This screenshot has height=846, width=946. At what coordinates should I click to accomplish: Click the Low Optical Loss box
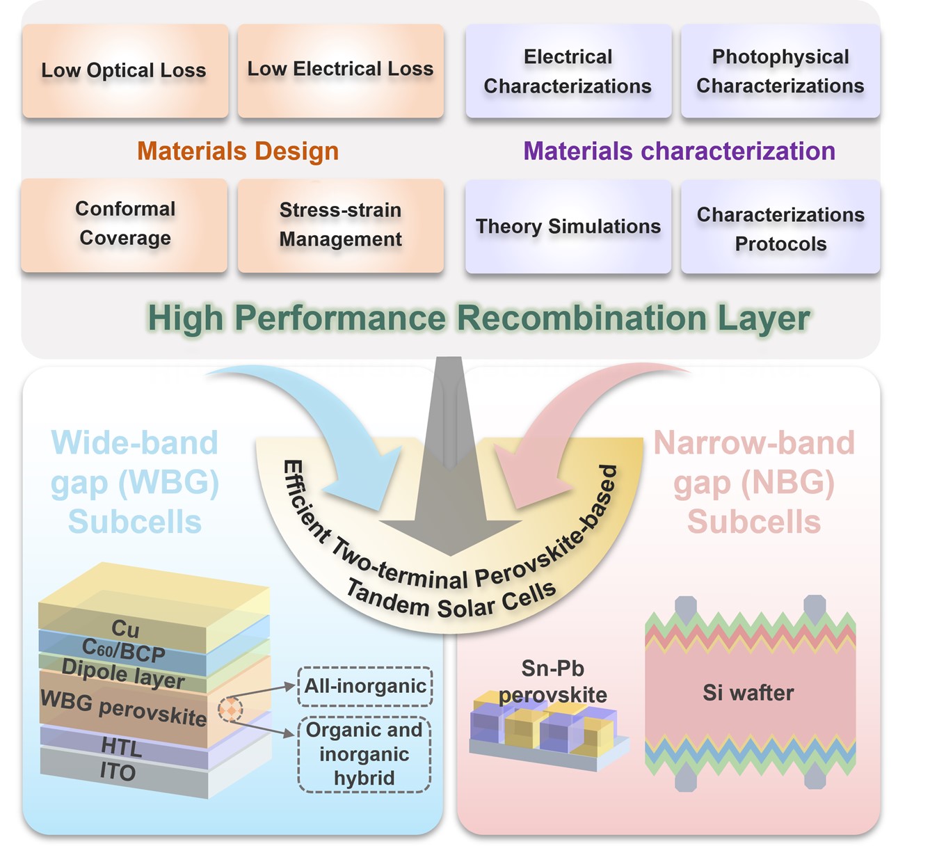125,70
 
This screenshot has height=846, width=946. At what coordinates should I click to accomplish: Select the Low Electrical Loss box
340,70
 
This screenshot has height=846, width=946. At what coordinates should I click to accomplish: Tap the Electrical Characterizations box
568,71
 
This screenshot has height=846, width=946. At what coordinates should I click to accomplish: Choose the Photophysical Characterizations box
780,71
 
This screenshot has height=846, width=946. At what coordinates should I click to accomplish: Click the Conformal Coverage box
125,224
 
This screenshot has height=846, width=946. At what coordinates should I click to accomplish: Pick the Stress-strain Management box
340,225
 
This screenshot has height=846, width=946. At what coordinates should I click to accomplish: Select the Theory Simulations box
568,226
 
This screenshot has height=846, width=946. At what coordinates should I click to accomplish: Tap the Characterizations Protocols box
780,228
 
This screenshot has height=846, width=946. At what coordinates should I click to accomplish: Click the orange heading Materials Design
238,151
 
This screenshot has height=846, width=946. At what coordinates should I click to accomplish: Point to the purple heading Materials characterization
679,151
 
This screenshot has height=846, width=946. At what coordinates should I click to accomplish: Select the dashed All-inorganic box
365,686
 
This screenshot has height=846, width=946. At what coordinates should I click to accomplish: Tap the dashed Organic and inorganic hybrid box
364,754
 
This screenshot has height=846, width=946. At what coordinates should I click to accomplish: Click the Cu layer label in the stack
125,629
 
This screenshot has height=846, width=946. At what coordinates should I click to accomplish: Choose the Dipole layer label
123,673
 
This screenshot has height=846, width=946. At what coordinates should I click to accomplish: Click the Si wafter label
748,693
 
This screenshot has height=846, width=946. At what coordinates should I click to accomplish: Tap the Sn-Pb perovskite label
553,681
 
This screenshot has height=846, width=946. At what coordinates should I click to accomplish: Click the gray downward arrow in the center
450,487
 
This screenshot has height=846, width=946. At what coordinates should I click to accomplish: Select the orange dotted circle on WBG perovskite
230,709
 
